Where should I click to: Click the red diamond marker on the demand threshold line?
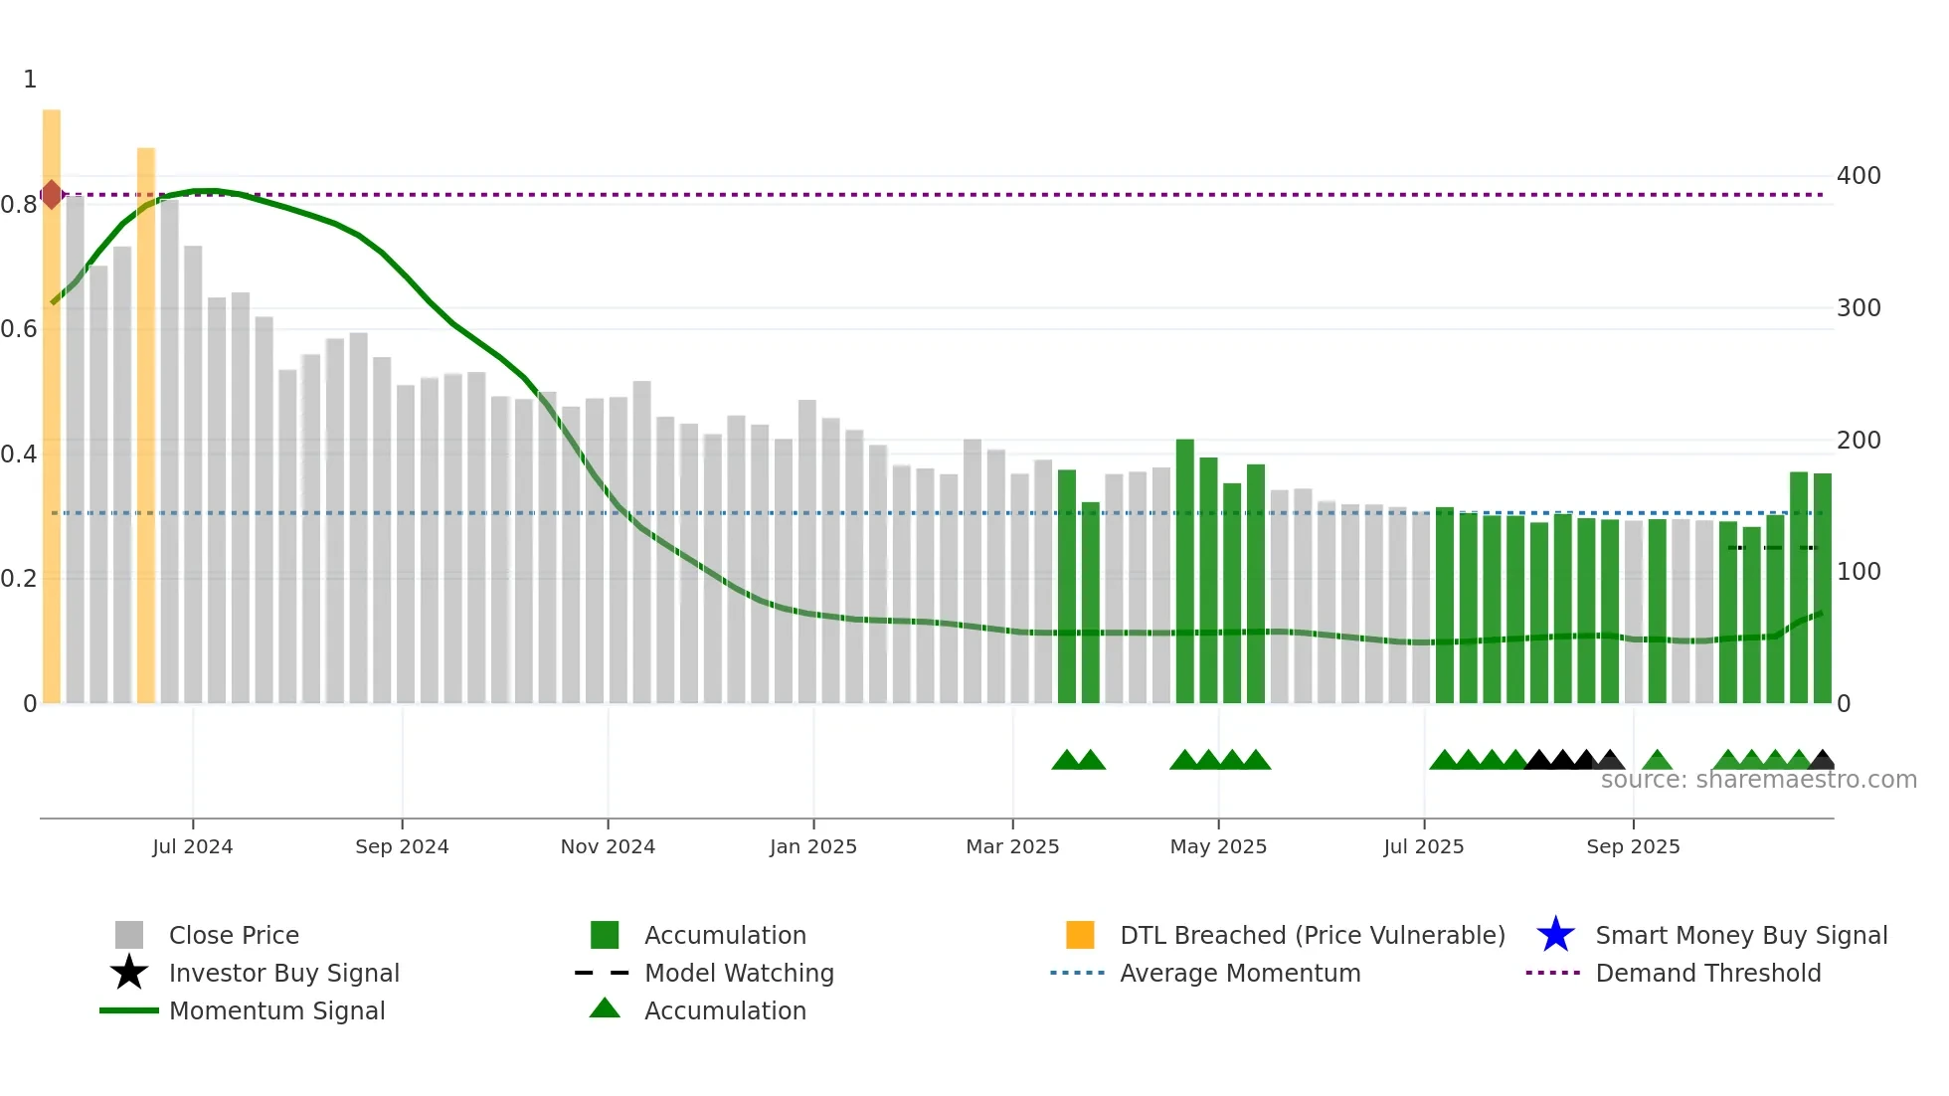coord(52,195)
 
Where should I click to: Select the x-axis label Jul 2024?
coord(193,846)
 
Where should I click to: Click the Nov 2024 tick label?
coord(608,846)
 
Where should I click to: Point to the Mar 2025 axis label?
coord(1012,846)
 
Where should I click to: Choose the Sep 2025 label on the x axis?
coord(1633,846)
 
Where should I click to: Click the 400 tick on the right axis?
coord(1859,176)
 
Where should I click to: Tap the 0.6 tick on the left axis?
coord(19,329)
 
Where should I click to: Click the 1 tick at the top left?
coord(30,80)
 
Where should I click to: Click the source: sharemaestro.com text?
coord(1758,780)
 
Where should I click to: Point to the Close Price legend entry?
coord(234,935)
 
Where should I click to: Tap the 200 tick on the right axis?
coord(1859,441)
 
